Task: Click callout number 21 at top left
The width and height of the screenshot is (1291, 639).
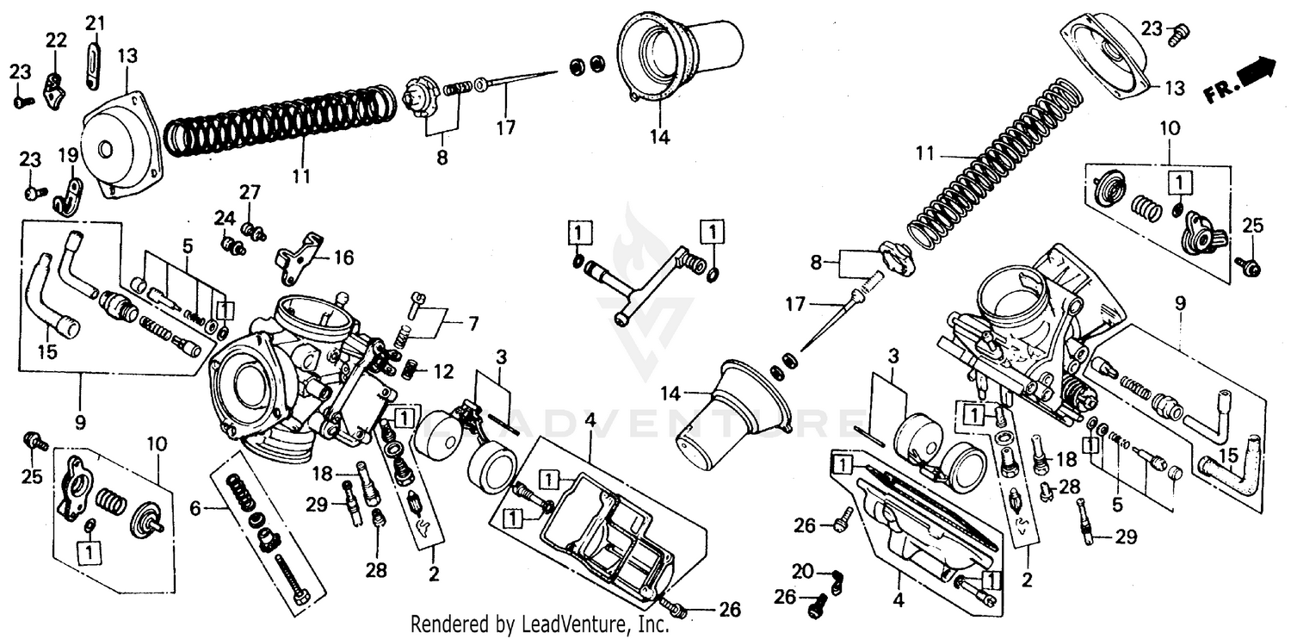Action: point(96,22)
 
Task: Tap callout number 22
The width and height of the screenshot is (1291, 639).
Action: point(55,40)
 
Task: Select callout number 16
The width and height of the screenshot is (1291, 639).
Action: point(343,257)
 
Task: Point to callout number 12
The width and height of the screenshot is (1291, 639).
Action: point(443,372)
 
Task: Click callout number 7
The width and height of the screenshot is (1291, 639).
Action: point(473,325)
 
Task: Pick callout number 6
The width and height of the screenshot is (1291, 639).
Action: point(196,509)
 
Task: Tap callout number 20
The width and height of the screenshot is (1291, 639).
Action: point(802,572)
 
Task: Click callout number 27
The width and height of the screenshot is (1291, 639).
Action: point(249,191)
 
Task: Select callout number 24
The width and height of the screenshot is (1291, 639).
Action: point(224,217)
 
